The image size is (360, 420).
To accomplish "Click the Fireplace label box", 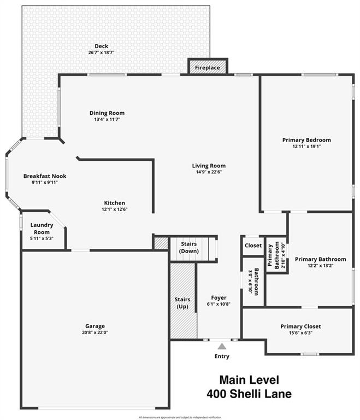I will (x=208, y=68).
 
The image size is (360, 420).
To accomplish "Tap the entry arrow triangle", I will (x=221, y=346).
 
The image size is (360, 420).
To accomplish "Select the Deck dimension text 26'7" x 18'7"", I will (x=101, y=52).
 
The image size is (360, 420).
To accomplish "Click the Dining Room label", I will (x=107, y=113).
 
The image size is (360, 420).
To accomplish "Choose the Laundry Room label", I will (x=42, y=229).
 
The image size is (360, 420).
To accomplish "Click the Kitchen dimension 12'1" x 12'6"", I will (x=115, y=209).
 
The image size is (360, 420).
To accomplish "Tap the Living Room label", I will (x=209, y=166).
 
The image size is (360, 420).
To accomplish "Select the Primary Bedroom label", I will (x=306, y=140).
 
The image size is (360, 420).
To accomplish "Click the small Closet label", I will (x=253, y=246).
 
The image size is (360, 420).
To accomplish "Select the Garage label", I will (x=95, y=326).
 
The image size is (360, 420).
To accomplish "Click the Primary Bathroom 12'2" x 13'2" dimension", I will (x=320, y=266).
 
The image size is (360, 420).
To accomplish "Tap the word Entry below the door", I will (x=222, y=357).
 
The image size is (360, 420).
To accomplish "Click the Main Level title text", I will (x=249, y=380).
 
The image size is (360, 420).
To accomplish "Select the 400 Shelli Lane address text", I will (x=249, y=393).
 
